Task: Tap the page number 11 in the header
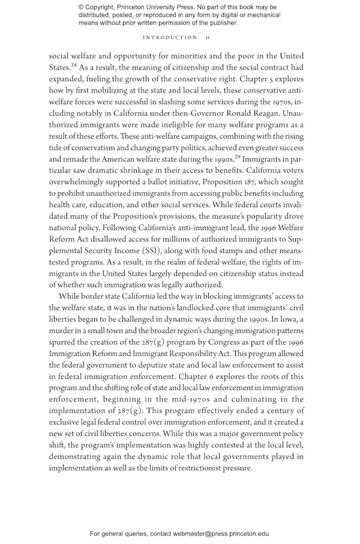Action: coord(207,37)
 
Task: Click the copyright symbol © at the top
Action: coord(82,7)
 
